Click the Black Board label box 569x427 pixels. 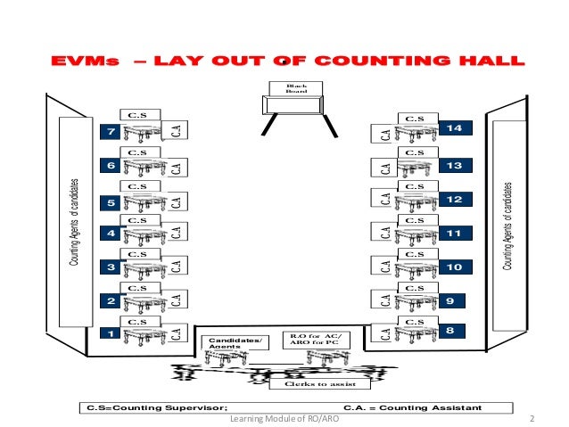click(x=295, y=87)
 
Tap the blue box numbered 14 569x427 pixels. click(x=455, y=130)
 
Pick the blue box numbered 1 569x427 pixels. click(x=111, y=334)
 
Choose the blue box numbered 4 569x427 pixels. click(x=111, y=234)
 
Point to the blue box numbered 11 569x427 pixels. click(x=455, y=234)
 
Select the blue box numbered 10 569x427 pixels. click(x=455, y=267)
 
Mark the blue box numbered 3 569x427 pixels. click(x=111, y=267)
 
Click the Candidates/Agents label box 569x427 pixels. click(x=237, y=343)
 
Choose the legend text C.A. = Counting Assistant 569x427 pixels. click(x=413, y=407)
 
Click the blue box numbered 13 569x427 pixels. click(x=455, y=166)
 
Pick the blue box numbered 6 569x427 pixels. click(x=111, y=166)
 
